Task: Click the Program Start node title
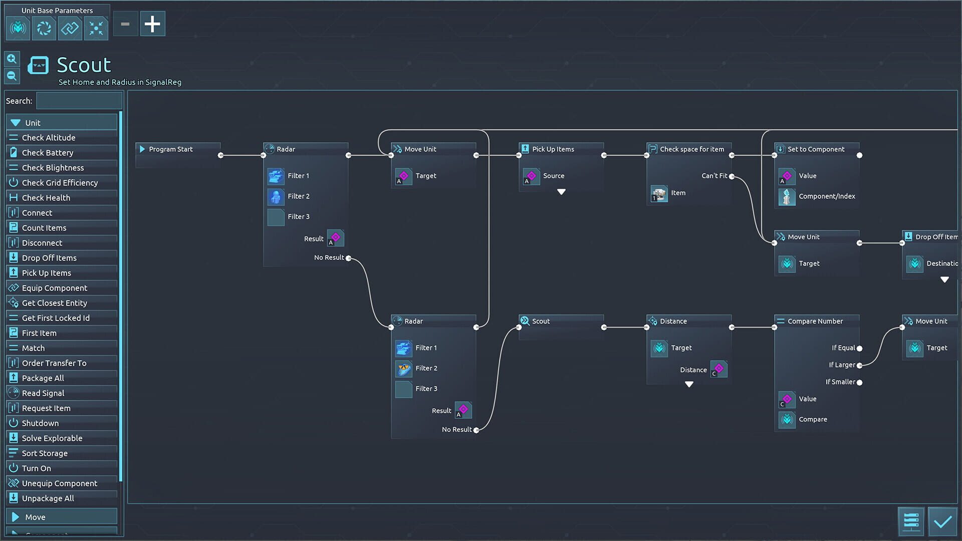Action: tap(170, 149)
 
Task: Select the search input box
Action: tap(79, 101)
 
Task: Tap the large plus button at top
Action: tap(152, 24)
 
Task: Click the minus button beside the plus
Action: tap(125, 24)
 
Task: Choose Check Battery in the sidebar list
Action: tap(48, 153)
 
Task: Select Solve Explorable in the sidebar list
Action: tap(52, 438)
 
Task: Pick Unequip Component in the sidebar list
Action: tap(59, 483)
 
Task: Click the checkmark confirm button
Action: tap(942, 522)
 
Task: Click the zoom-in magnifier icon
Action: tap(12, 59)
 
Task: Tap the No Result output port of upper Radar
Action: tap(348, 258)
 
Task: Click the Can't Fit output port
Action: tap(732, 176)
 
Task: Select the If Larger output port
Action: tap(859, 366)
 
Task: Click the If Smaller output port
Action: tap(859, 383)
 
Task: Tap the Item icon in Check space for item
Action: tap(659, 193)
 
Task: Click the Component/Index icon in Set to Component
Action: tap(787, 197)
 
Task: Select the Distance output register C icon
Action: tap(718, 370)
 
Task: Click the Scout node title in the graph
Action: tap(541, 321)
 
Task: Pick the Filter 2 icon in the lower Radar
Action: tap(403, 369)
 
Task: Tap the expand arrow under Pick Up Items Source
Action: tap(561, 192)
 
